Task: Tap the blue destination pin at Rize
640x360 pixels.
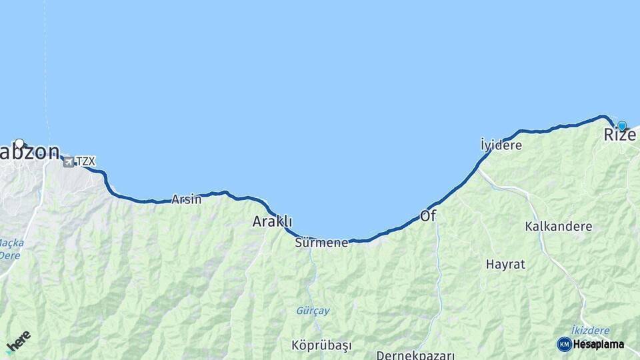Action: pos(622,125)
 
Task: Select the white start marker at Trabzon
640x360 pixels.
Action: pos(19,143)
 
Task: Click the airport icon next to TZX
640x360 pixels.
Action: pos(68,161)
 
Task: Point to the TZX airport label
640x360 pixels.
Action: pos(86,161)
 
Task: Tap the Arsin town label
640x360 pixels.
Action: pos(186,199)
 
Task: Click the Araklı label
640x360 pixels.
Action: pos(272,222)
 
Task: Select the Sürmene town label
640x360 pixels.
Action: pos(321,243)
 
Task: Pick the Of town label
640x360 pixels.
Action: pos(427,216)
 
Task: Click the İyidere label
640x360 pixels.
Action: pos(501,145)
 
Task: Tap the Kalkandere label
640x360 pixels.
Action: pos(558,227)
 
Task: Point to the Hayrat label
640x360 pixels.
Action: pos(505,264)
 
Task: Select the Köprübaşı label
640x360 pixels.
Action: pos(321,345)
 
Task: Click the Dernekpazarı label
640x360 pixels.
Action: pos(415,355)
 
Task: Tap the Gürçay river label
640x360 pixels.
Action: pos(313,311)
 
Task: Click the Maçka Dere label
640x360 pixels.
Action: pos(10,249)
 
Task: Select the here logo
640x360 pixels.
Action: pos(18,341)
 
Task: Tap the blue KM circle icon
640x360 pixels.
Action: pos(564,344)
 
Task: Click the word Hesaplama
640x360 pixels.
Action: pos(599,345)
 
